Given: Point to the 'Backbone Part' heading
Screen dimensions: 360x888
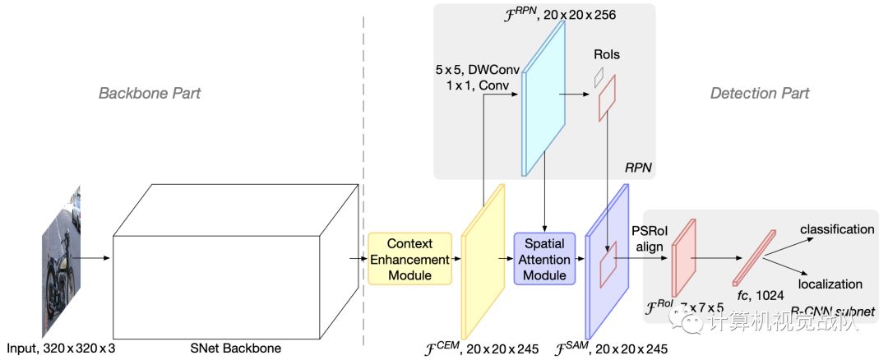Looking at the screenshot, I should tap(150, 93).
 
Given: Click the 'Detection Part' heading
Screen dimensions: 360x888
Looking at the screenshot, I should tap(760, 93).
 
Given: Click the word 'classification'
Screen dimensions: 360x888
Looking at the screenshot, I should tap(837, 229).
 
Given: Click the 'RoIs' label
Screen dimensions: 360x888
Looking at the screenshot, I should tap(606, 55).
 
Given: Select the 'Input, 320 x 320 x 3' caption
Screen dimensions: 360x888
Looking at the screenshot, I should tap(60, 348).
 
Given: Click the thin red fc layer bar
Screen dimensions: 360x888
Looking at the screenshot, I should tap(755, 256).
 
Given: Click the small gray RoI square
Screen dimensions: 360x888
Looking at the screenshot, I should tap(599, 76).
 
